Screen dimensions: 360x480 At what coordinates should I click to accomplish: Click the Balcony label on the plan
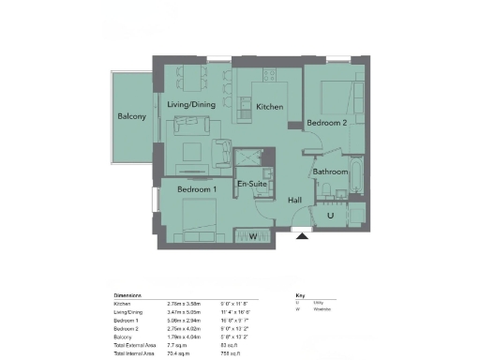click(x=130, y=116)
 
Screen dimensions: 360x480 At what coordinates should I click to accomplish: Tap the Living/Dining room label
click(x=192, y=104)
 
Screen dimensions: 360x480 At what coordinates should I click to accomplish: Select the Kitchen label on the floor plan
click(x=270, y=108)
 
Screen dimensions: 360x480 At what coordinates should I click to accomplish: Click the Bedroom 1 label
click(x=197, y=190)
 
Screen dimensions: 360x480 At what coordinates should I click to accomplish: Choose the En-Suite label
click(x=251, y=185)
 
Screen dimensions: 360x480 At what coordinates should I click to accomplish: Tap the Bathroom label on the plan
click(x=331, y=172)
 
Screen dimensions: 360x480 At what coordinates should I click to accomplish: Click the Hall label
click(x=294, y=201)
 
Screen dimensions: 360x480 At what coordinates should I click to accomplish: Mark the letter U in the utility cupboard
click(x=331, y=217)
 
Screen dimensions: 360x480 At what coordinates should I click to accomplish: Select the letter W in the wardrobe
click(x=252, y=235)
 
